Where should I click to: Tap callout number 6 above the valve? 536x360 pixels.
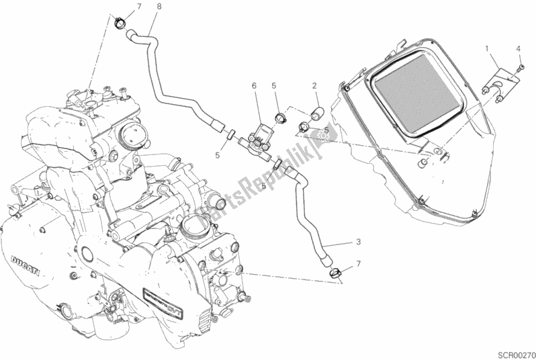(255, 85)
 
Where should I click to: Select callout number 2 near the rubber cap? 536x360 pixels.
(314, 85)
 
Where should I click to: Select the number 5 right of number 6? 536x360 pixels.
(274, 85)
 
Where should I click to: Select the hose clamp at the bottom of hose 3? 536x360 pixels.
(336, 271)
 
